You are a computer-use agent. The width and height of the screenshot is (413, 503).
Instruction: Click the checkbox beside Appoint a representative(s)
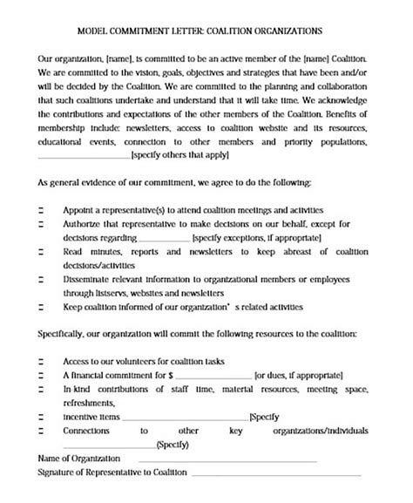pyautogui.click(x=42, y=211)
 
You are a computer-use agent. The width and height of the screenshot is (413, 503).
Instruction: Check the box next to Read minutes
pyautogui.click(x=42, y=251)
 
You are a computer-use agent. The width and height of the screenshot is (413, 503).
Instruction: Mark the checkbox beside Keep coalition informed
pyautogui.click(x=42, y=307)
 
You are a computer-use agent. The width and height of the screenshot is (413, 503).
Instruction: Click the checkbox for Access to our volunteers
pyautogui.click(x=42, y=361)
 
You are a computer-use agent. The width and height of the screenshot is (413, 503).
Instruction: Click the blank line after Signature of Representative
pyautogui.click(x=275, y=475)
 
